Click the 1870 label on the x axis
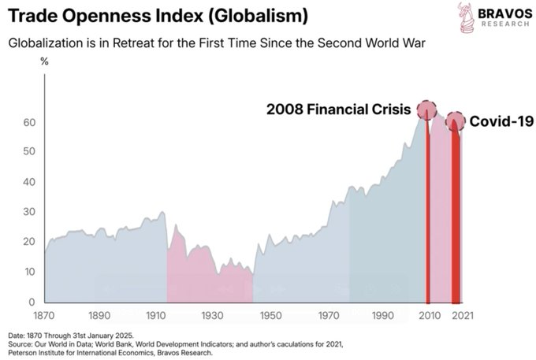pyautogui.click(x=44, y=315)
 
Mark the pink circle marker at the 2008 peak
pyautogui.click(x=426, y=109)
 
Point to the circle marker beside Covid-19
pyautogui.click(x=455, y=121)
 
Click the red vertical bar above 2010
pyautogui.click(x=427, y=213)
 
